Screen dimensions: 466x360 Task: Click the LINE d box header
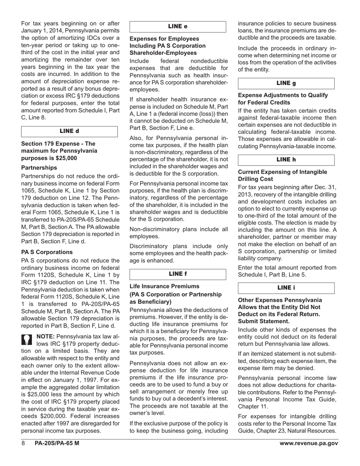(x=69, y=131)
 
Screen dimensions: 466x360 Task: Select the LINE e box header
(x=178, y=27)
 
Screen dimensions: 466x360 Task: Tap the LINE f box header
(x=178, y=274)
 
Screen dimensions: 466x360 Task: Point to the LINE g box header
(x=286, y=83)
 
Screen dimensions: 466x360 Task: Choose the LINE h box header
(x=286, y=160)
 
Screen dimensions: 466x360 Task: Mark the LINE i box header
(x=286, y=288)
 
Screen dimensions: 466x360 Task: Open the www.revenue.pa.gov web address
(x=308, y=444)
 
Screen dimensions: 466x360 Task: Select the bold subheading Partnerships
(x=39, y=167)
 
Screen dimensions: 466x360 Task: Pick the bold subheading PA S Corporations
(x=47, y=252)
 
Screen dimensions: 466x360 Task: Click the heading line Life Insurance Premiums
(x=164, y=286)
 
